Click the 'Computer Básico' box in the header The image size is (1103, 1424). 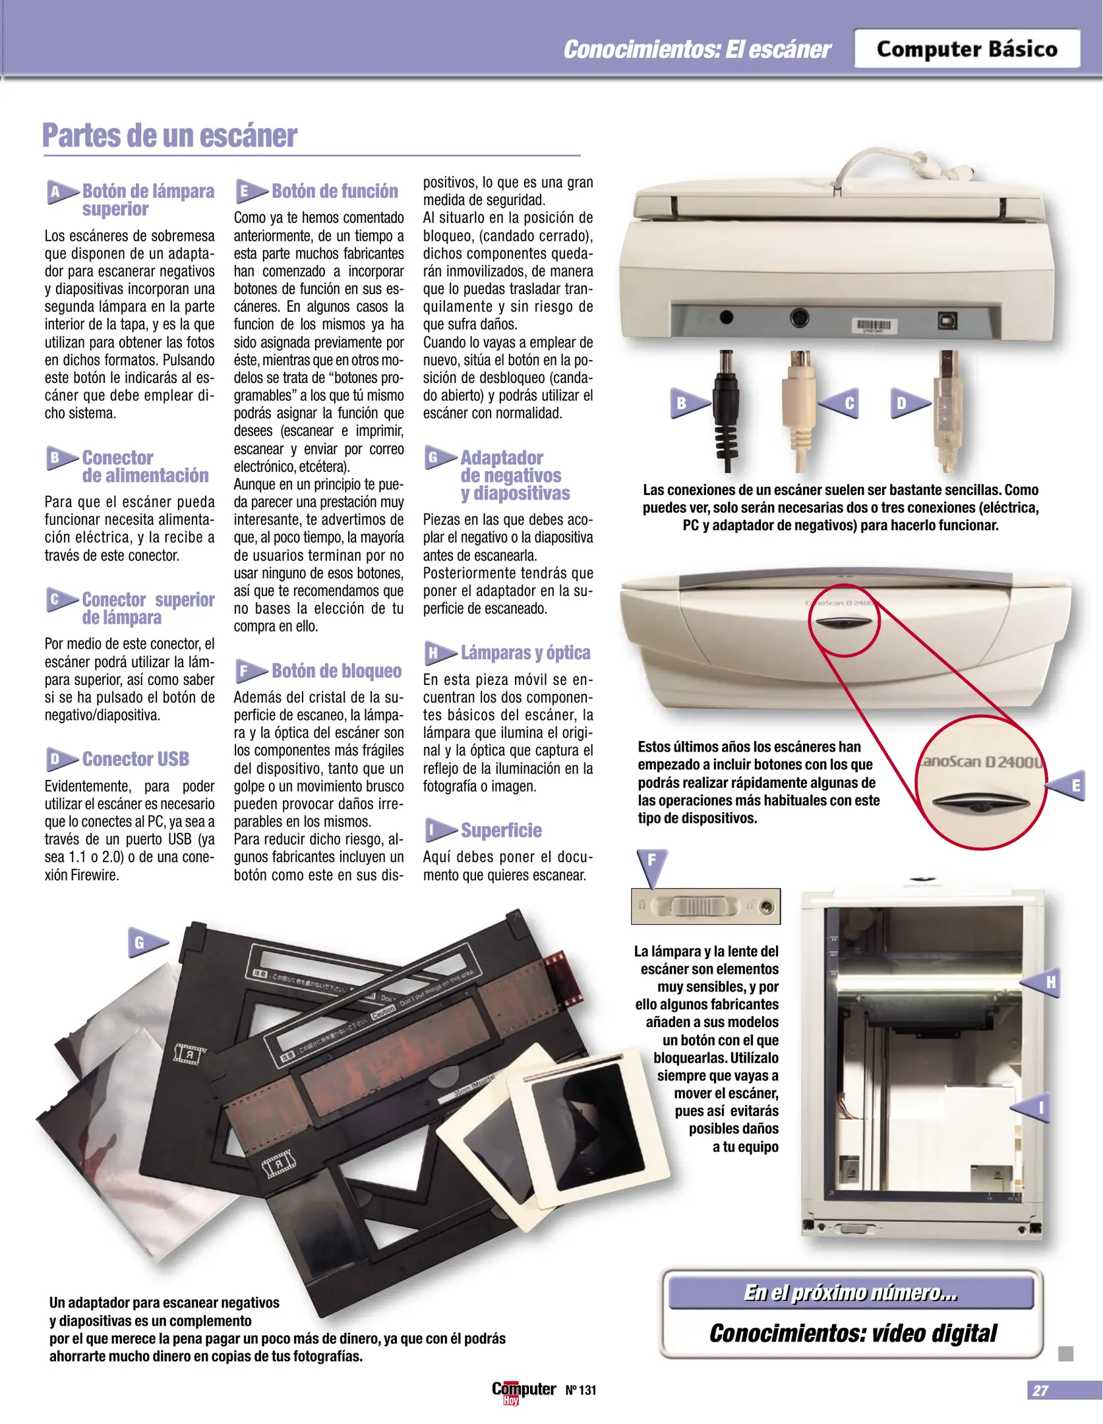tap(967, 49)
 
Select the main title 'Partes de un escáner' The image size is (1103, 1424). tap(169, 135)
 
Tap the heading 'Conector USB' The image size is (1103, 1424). tap(136, 759)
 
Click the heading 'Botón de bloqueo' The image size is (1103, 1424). tap(336, 670)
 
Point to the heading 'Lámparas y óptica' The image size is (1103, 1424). tap(525, 653)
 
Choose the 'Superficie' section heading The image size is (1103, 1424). tap(501, 830)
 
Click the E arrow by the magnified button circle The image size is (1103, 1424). tap(1066, 785)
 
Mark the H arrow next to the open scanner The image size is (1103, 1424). tap(1041, 982)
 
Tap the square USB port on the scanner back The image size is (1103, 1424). tap(947, 320)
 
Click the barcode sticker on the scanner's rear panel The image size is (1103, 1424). tap(875, 326)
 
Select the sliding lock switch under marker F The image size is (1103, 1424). tap(705, 906)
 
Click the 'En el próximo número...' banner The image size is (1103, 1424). tap(850, 1292)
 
